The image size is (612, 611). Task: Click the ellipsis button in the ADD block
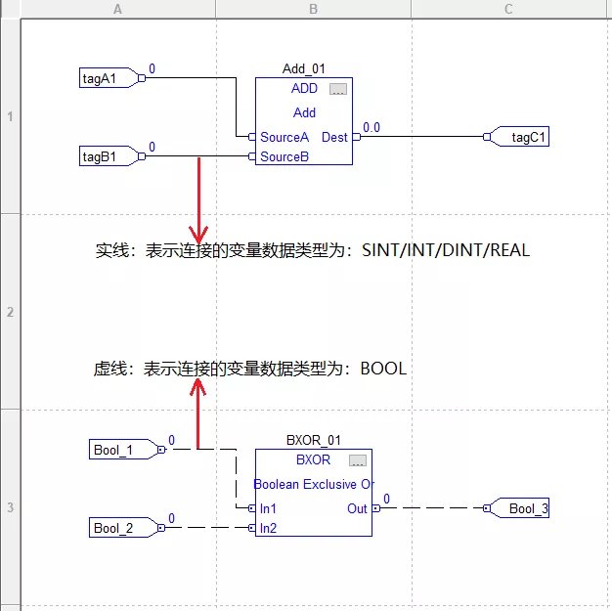click(338, 89)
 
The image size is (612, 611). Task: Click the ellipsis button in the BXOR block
click(358, 460)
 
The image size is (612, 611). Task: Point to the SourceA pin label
click(284, 137)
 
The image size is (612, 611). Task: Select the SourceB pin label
click(284, 156)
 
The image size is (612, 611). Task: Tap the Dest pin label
click(334, 137)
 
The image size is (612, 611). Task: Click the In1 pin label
click(268, 508)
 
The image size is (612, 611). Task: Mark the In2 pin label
click(268, 528)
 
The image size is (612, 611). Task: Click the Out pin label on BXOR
click(357, 508)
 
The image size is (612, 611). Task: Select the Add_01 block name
click(303, 69)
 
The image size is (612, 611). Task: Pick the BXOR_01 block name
click(313, 441)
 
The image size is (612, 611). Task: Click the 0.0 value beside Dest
click(372, 127)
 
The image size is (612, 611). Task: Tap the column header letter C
click(508, 9)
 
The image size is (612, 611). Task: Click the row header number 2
click(9, 312)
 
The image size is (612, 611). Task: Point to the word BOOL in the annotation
click(383, 369)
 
